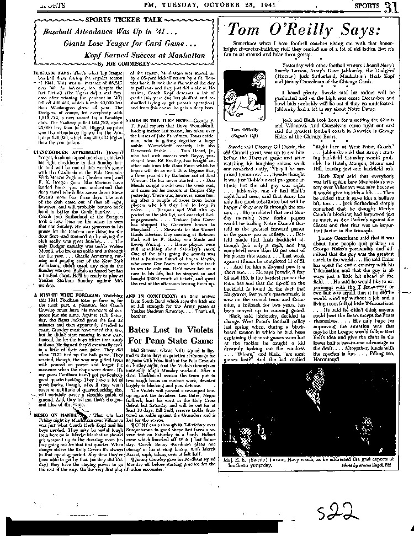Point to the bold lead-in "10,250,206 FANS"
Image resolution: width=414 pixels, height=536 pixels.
[x=39, y=73]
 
